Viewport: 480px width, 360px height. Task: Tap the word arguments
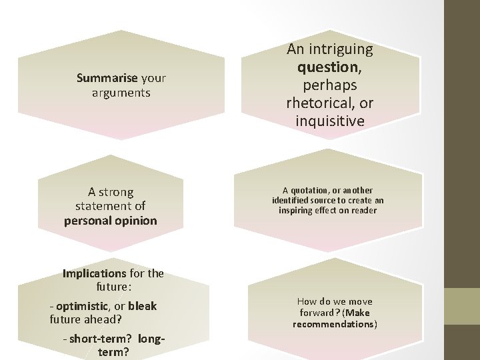click(121, 93)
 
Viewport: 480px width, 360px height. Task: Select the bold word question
click(327, 67)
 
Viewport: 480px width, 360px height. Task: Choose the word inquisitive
click(330, 121)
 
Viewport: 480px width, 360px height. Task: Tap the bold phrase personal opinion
click(111, 220)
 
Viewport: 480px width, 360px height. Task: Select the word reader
click(364, 210)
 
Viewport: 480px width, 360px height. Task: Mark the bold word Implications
click(94, 273)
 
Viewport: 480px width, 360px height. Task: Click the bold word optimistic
click(82, 306)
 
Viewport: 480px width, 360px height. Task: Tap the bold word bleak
click(142, 306)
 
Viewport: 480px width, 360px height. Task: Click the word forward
click(317, 313)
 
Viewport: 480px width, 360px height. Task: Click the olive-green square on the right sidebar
click(462, 306)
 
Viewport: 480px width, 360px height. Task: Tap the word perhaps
click(330, 85)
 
